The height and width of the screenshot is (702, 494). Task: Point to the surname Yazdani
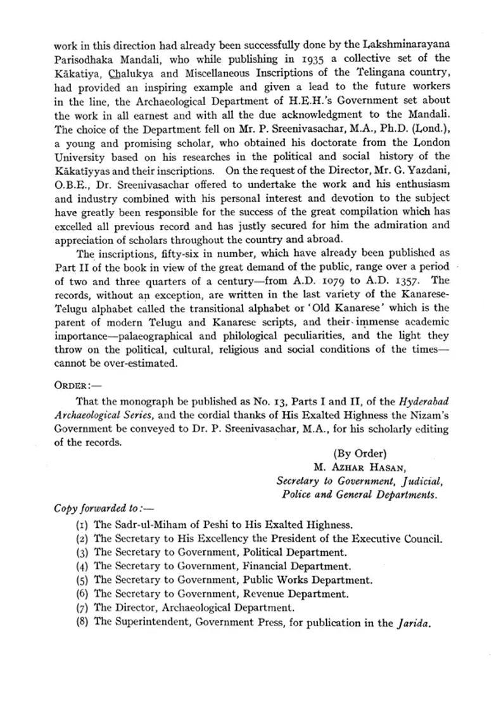[x=427, y=170]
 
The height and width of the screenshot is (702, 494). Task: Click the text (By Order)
[x=360, y=454]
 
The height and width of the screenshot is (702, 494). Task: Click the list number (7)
[x=82, y=608]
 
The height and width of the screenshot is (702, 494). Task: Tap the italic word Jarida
[x=414, y=623]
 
